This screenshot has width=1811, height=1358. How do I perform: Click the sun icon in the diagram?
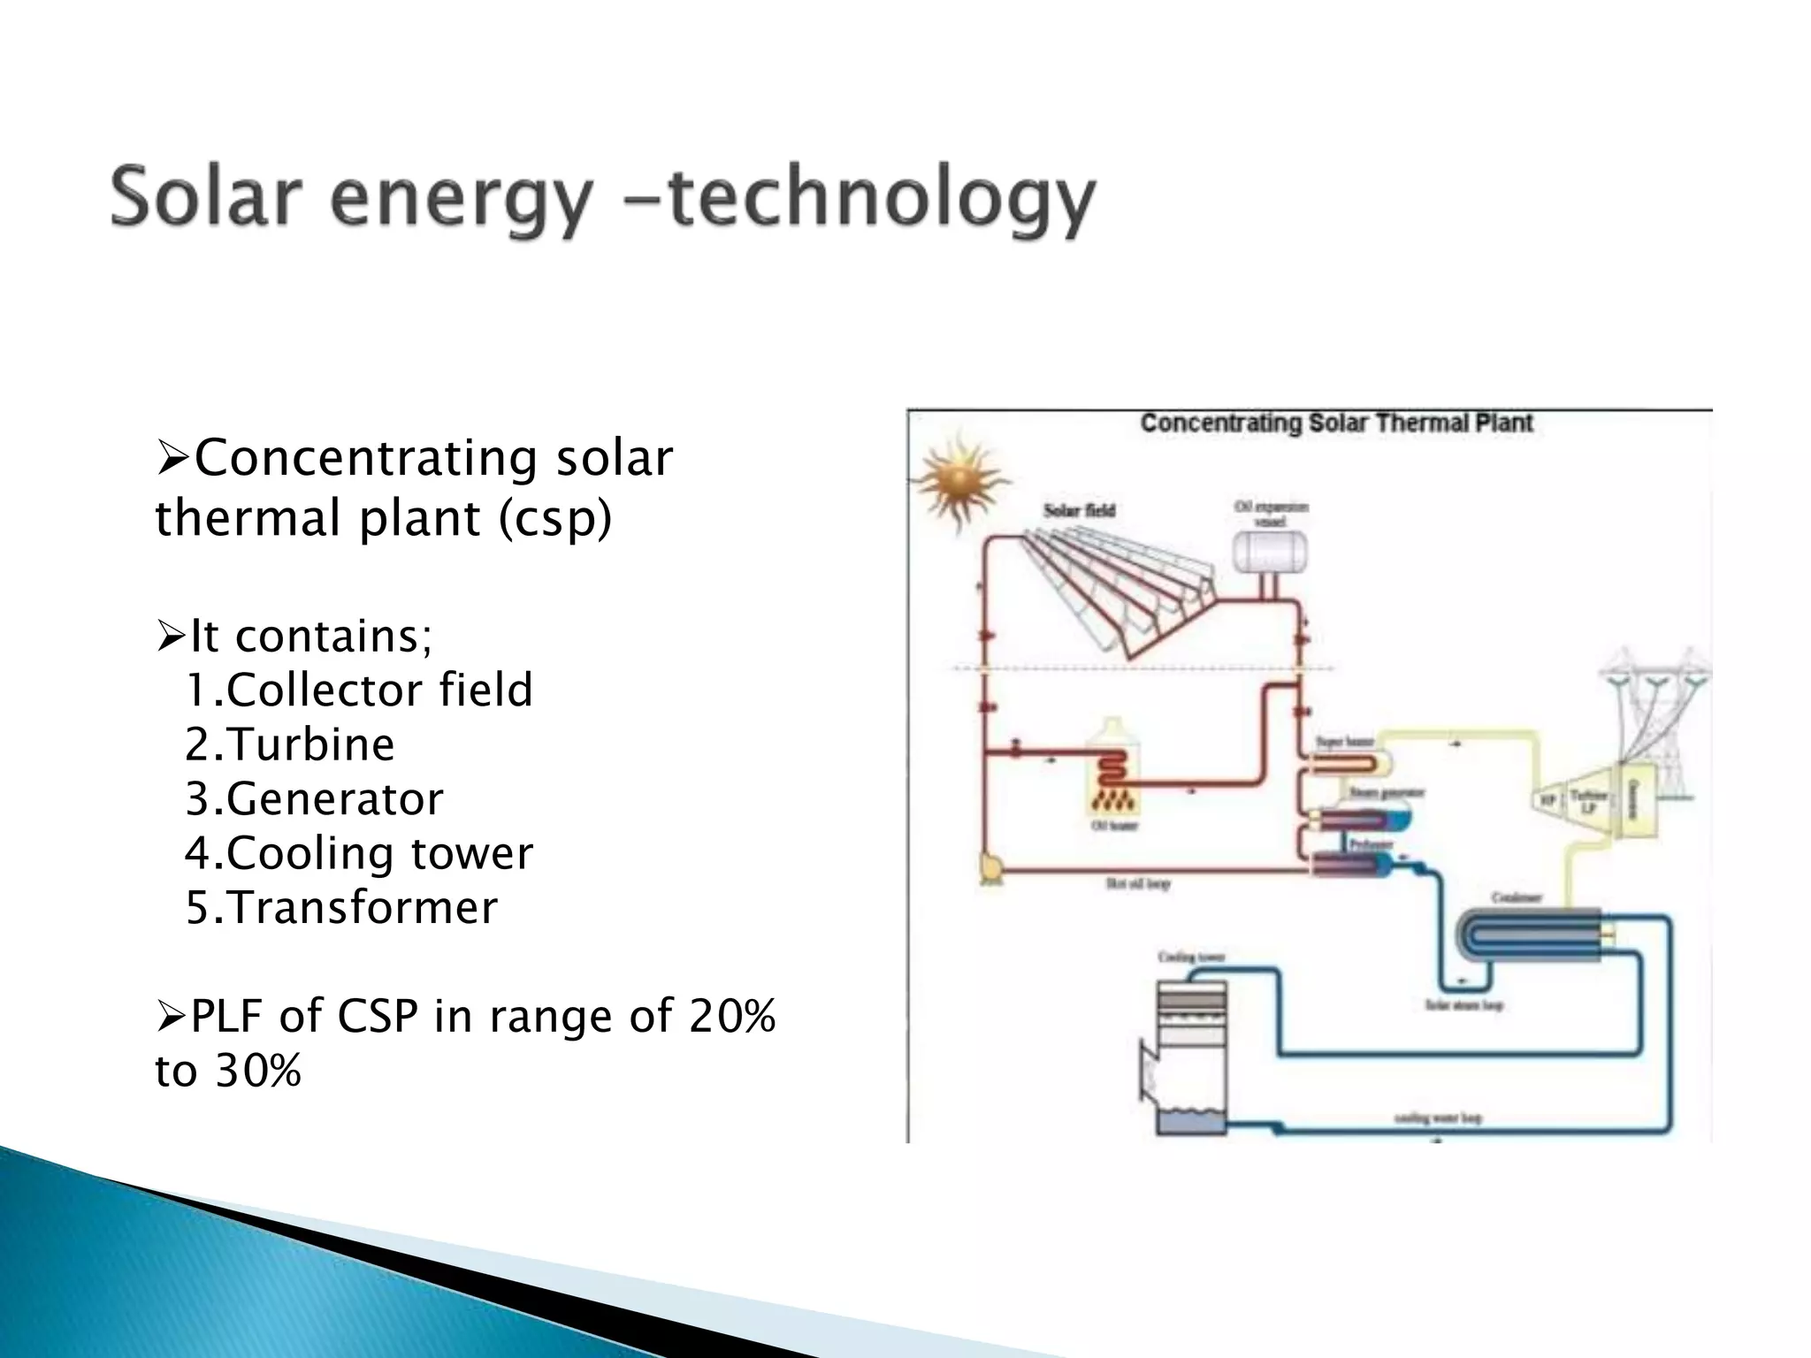coord(960,481)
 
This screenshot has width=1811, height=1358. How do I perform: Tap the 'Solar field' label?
coord(1079,510)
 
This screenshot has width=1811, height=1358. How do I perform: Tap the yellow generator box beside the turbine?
coord(1632,799)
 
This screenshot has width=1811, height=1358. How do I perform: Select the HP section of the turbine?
coord(1548,800)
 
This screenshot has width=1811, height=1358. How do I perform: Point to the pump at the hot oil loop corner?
coord(990,867)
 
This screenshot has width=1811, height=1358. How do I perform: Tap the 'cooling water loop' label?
coord(1437,1118)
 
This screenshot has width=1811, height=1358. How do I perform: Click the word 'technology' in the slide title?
coord(880,199)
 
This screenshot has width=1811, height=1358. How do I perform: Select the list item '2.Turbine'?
coord(289,744)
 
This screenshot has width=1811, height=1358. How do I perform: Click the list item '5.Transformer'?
coord(340,908)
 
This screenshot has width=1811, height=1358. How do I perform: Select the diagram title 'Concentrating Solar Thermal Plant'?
coord(1335,423)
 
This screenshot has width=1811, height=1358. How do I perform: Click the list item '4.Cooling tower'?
coord(358,853)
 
